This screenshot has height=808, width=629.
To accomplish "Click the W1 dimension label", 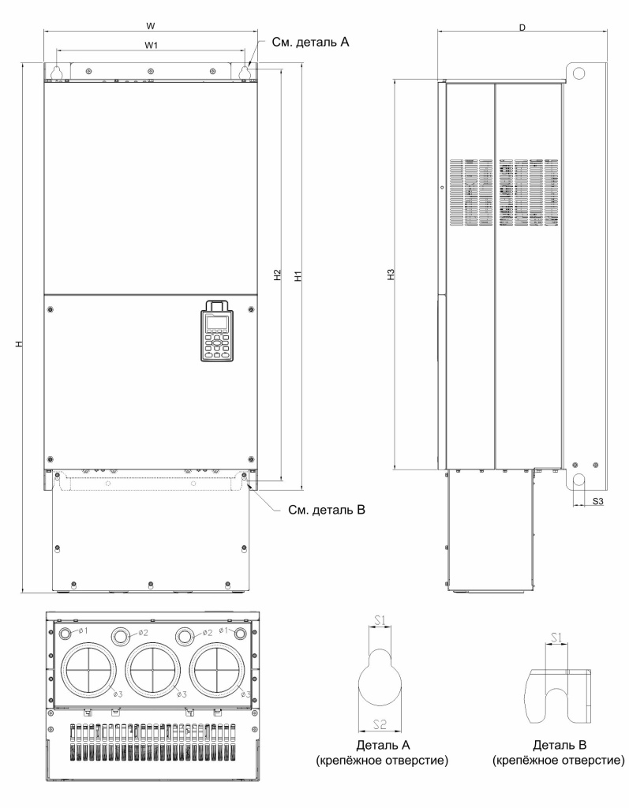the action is click(x=151, y=45).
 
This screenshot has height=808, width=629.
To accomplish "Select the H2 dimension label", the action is click(x=277, y=275).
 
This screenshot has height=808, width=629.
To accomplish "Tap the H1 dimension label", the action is click(x=298, y=275).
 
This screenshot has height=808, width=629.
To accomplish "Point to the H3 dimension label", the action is click(x=391, y=274).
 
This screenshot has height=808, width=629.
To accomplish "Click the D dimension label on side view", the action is click(x=522, y=28).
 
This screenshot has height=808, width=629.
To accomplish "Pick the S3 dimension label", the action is click(x=597, y=501).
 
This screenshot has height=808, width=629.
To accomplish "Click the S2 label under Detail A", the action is click(x=380, y=724).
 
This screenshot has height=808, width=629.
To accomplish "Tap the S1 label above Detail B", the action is click(x=556, y=638).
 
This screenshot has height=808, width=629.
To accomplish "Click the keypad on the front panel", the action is click(x=216, y=331).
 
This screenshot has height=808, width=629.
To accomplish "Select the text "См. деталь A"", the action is click(x=310, y=42).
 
